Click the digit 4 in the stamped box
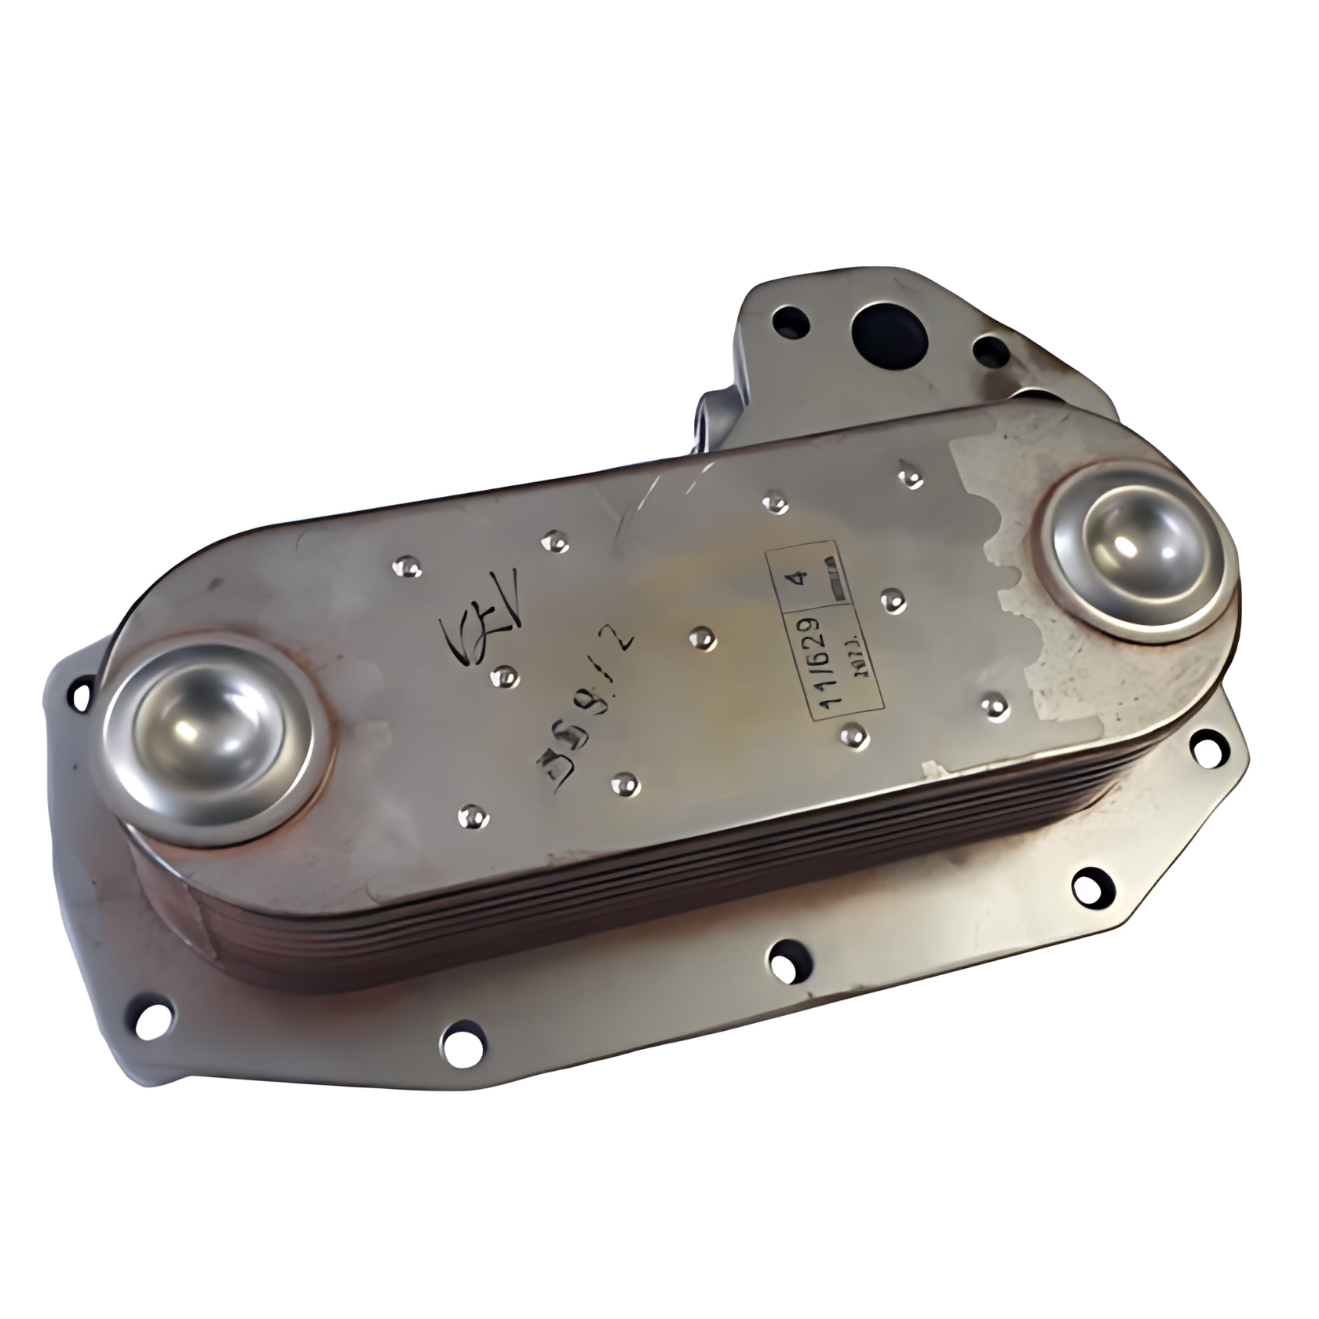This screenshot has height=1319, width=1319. [x=800, y=578]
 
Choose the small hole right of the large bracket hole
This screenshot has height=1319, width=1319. [x=991, y=351]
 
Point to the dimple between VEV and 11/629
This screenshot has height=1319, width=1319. [x=702, y=639]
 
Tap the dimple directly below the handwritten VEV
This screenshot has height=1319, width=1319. [x=503, y=677]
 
